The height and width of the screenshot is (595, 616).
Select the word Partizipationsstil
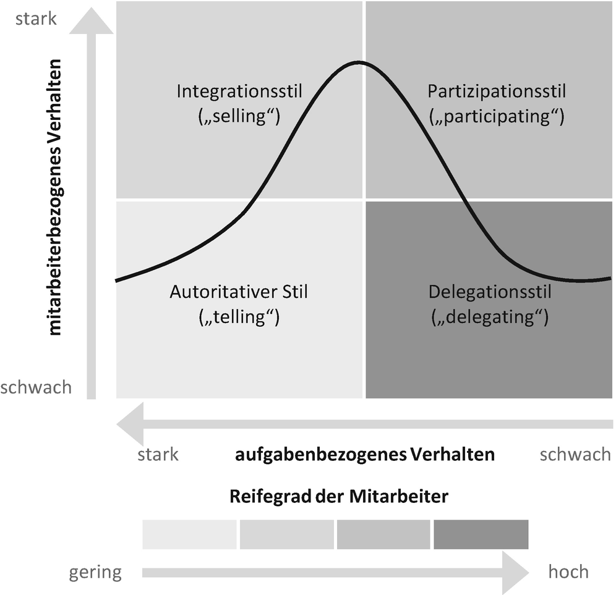coord(497,91)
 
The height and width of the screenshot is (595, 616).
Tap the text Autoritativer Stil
coord(239,292)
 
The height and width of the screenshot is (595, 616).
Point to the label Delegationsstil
coord(489,292)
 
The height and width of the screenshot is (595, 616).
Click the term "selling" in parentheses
coord(239,116)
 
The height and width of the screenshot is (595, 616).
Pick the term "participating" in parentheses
coord(496,116)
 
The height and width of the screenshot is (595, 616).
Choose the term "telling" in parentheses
coord(239,317)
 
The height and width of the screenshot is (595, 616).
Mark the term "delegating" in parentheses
coord(489,317)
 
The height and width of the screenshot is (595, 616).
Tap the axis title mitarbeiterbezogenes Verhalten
coord(56,198)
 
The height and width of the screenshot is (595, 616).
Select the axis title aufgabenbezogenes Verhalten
coord(365,455)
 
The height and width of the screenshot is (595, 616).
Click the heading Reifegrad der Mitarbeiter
coord(338,496)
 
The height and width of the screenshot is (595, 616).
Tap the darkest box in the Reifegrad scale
coord(481,534)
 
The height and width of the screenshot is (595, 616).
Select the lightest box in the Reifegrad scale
coord(189,534)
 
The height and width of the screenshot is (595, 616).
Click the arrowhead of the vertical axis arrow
coord(91,22)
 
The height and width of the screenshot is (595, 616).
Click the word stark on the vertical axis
coord(36,19)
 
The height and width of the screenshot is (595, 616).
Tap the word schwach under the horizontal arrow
coord(575,455)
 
